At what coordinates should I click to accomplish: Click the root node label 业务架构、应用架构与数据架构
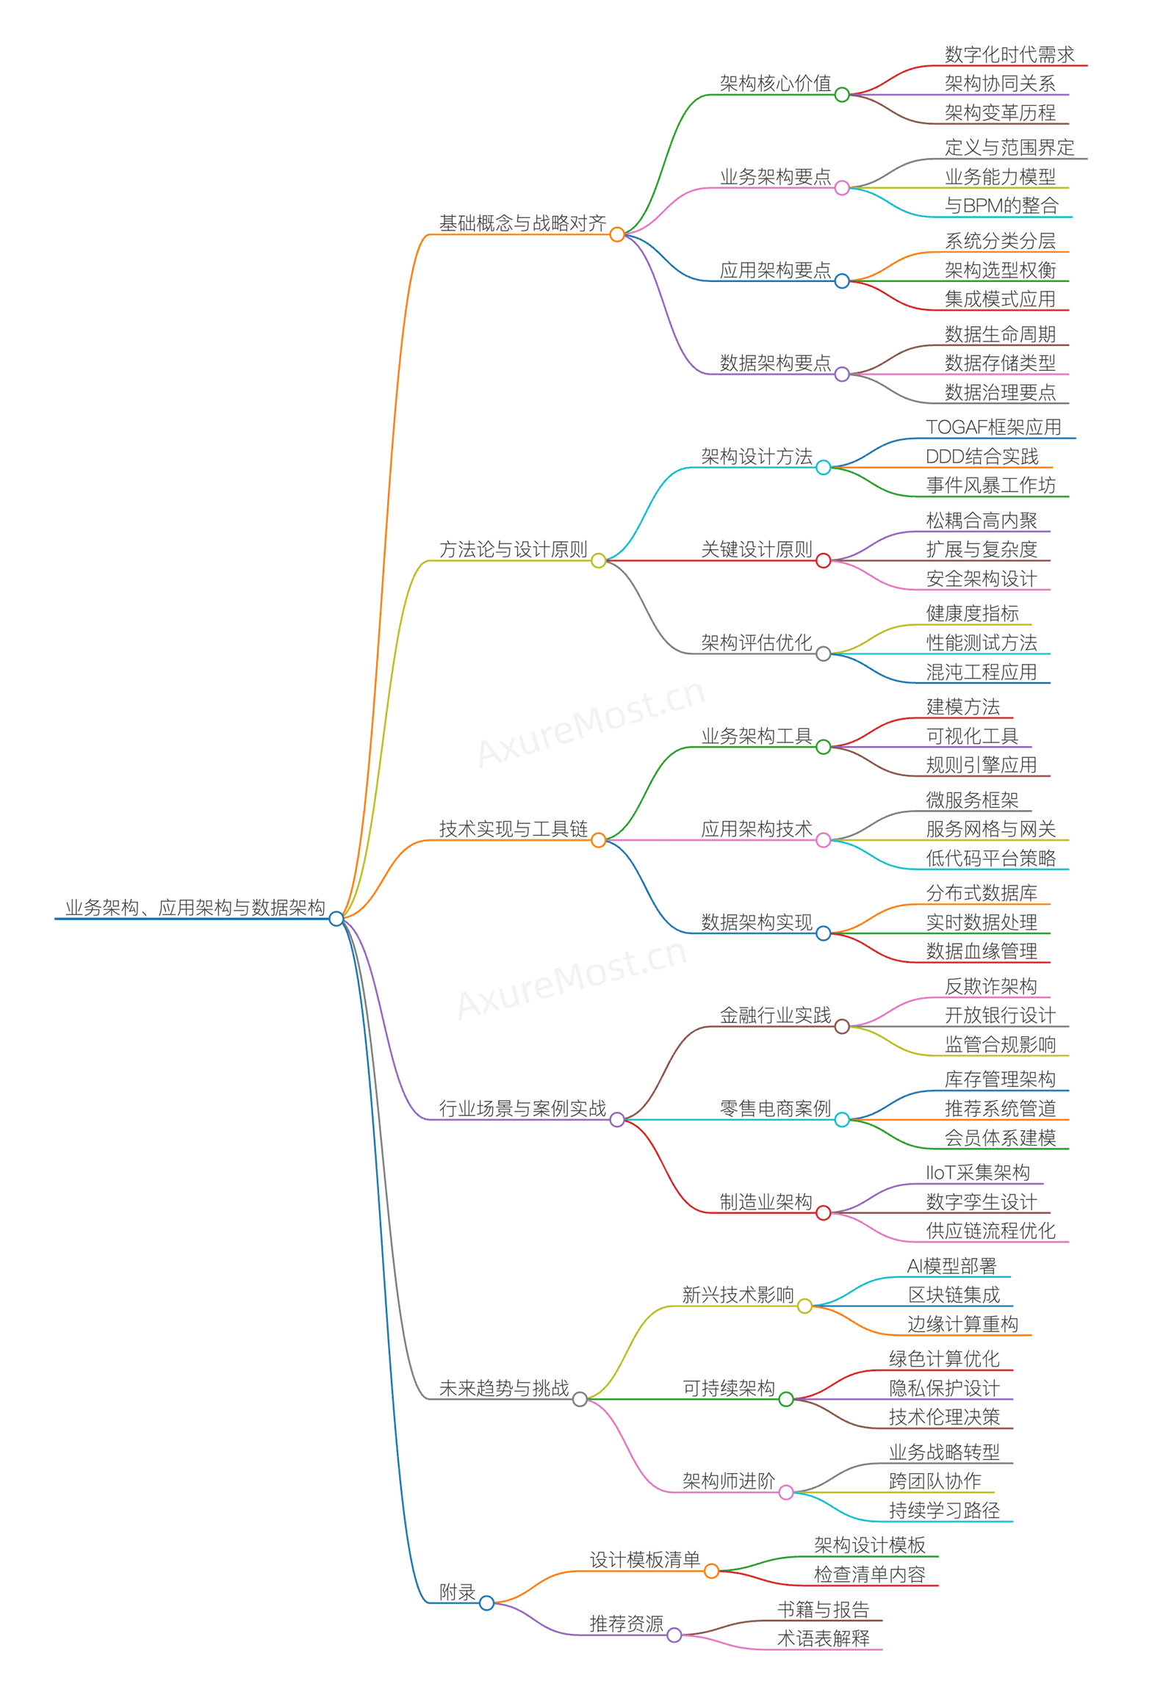click(x=195, y=907)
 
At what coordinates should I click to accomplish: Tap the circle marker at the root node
click(x=336, y=919)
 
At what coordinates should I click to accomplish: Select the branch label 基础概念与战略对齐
click(x=522, y=223)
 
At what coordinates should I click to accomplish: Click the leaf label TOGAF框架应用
click(x=993, y=427)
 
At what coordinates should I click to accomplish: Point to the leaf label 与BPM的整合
click(x=1001, y=206)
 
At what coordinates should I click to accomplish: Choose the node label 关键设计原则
click(x=756, y=549)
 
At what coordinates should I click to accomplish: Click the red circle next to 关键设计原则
click(x=824, y=561)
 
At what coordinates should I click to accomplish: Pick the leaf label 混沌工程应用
click(x=981, y=672)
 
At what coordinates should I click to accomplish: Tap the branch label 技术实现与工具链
click(x=513, y=829)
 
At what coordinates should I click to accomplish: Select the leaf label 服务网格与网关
click(x=990, y=829)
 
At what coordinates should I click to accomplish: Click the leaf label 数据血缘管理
click(x=981, y=951)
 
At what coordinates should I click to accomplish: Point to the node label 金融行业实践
click(x=775, y=1015)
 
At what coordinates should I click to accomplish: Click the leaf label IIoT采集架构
click(x=977, y=1172)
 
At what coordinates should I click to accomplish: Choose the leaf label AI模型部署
click(x=951, y=1265)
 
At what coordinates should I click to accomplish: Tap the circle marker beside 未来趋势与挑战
click(x=580, y=1400)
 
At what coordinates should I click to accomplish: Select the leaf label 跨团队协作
click(x=935, y=1481)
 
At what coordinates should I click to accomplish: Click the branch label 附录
click(x=457, y=1591)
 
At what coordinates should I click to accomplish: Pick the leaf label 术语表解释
click(x=823, y=1638)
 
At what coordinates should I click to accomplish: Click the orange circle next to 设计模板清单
click(x=711, y=1571)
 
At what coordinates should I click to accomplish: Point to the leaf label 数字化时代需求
click(x=1009, y=54)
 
